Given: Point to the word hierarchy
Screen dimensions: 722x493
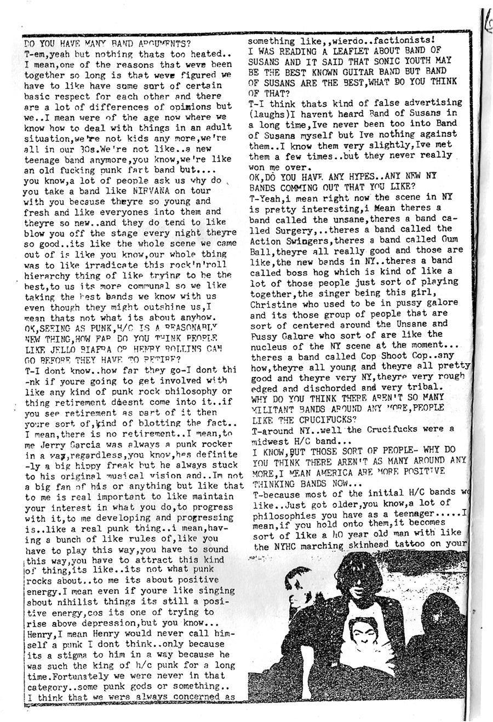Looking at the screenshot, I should coord(48,274).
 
